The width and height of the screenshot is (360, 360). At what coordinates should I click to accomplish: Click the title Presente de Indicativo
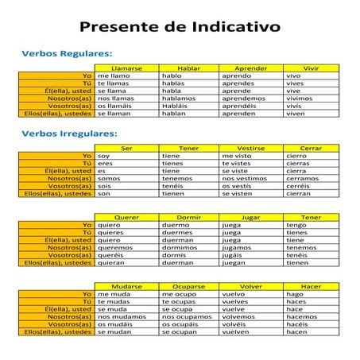click(x=180, y=27)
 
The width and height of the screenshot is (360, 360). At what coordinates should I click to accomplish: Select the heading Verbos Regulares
click(x=67, y=52)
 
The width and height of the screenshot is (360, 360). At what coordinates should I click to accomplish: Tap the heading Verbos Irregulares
click(x=69, y=134)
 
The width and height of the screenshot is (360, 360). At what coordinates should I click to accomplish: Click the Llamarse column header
click(x=127, y=68)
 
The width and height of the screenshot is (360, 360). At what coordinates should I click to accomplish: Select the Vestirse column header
click(x=251, y=149)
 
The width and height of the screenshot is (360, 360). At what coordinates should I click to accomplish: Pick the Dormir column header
click(x=189, y=217)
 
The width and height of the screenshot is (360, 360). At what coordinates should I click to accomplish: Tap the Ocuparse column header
click(x=189, y=285)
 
